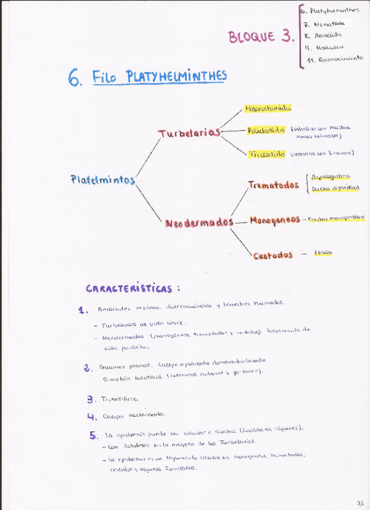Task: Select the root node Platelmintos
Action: coord(102,180)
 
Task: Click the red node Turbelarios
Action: coord(189,133)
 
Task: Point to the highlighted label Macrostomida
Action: coord(268,108)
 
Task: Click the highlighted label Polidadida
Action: coord(266,130)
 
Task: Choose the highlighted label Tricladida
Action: coord(267,154)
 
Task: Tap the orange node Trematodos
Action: coord(273,185)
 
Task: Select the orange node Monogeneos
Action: coord(274,220)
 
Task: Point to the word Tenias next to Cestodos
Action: coord(323,253)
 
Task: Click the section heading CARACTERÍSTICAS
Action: coord(133,289)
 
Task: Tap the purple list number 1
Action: coord(83,310)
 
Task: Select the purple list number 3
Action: coord(90,399)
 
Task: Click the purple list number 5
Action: coord(93,435)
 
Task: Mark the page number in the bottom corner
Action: coord(359,502)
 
